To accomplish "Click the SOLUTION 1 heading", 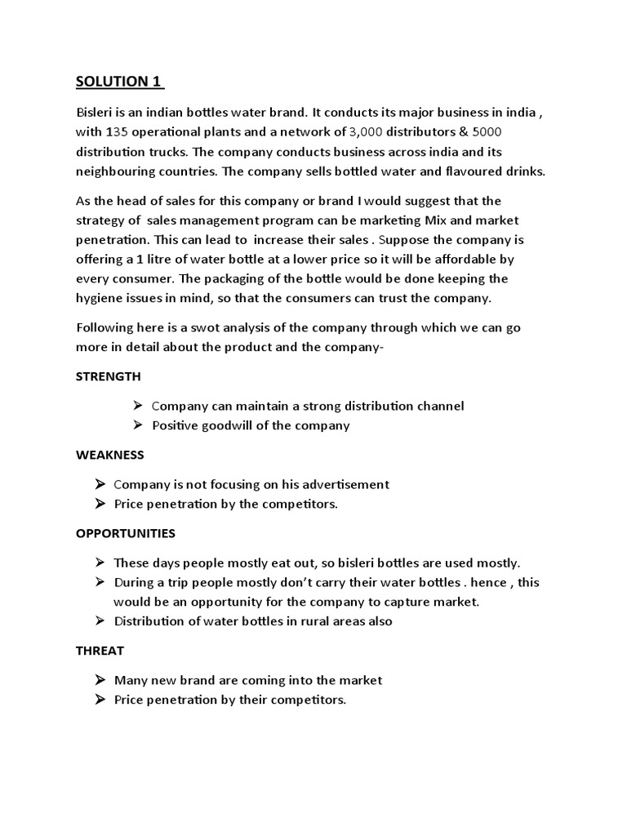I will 119,82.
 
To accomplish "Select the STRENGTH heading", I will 108,376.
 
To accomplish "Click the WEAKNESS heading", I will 109,455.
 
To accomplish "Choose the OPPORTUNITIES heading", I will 125,533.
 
